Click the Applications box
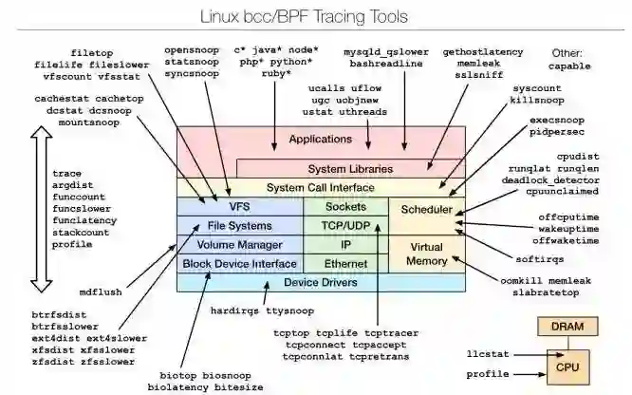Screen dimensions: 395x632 (x=321, y=141)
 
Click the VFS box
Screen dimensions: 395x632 (x=238, y=206)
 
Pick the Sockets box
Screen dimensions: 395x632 (x=345, y=206)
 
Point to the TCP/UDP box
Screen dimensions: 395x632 (x=345, y=225)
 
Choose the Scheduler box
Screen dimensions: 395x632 (x=427, y=209)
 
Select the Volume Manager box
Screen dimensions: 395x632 (x=238, y=244)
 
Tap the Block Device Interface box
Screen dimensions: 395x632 (x=238, y=263)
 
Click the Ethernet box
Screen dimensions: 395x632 (x=345, y=263)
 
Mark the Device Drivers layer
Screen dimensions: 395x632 (x=321, y=282)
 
